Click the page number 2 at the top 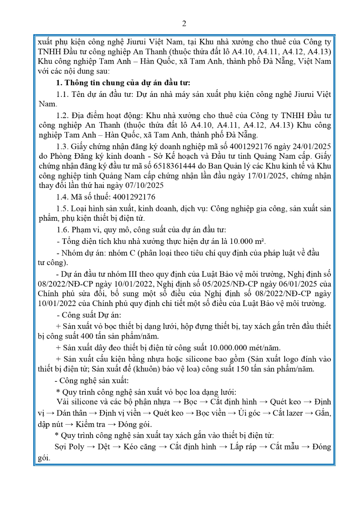pyautogui.click(x=184, y=24)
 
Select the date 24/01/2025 pyautogui.click(x=312, y=147)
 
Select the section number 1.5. pyautogui.click(x=63, y=209)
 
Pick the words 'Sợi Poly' pyautogui.click(x=69, y=447)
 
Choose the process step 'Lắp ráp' pyautogui.click(x=243, y=447)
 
